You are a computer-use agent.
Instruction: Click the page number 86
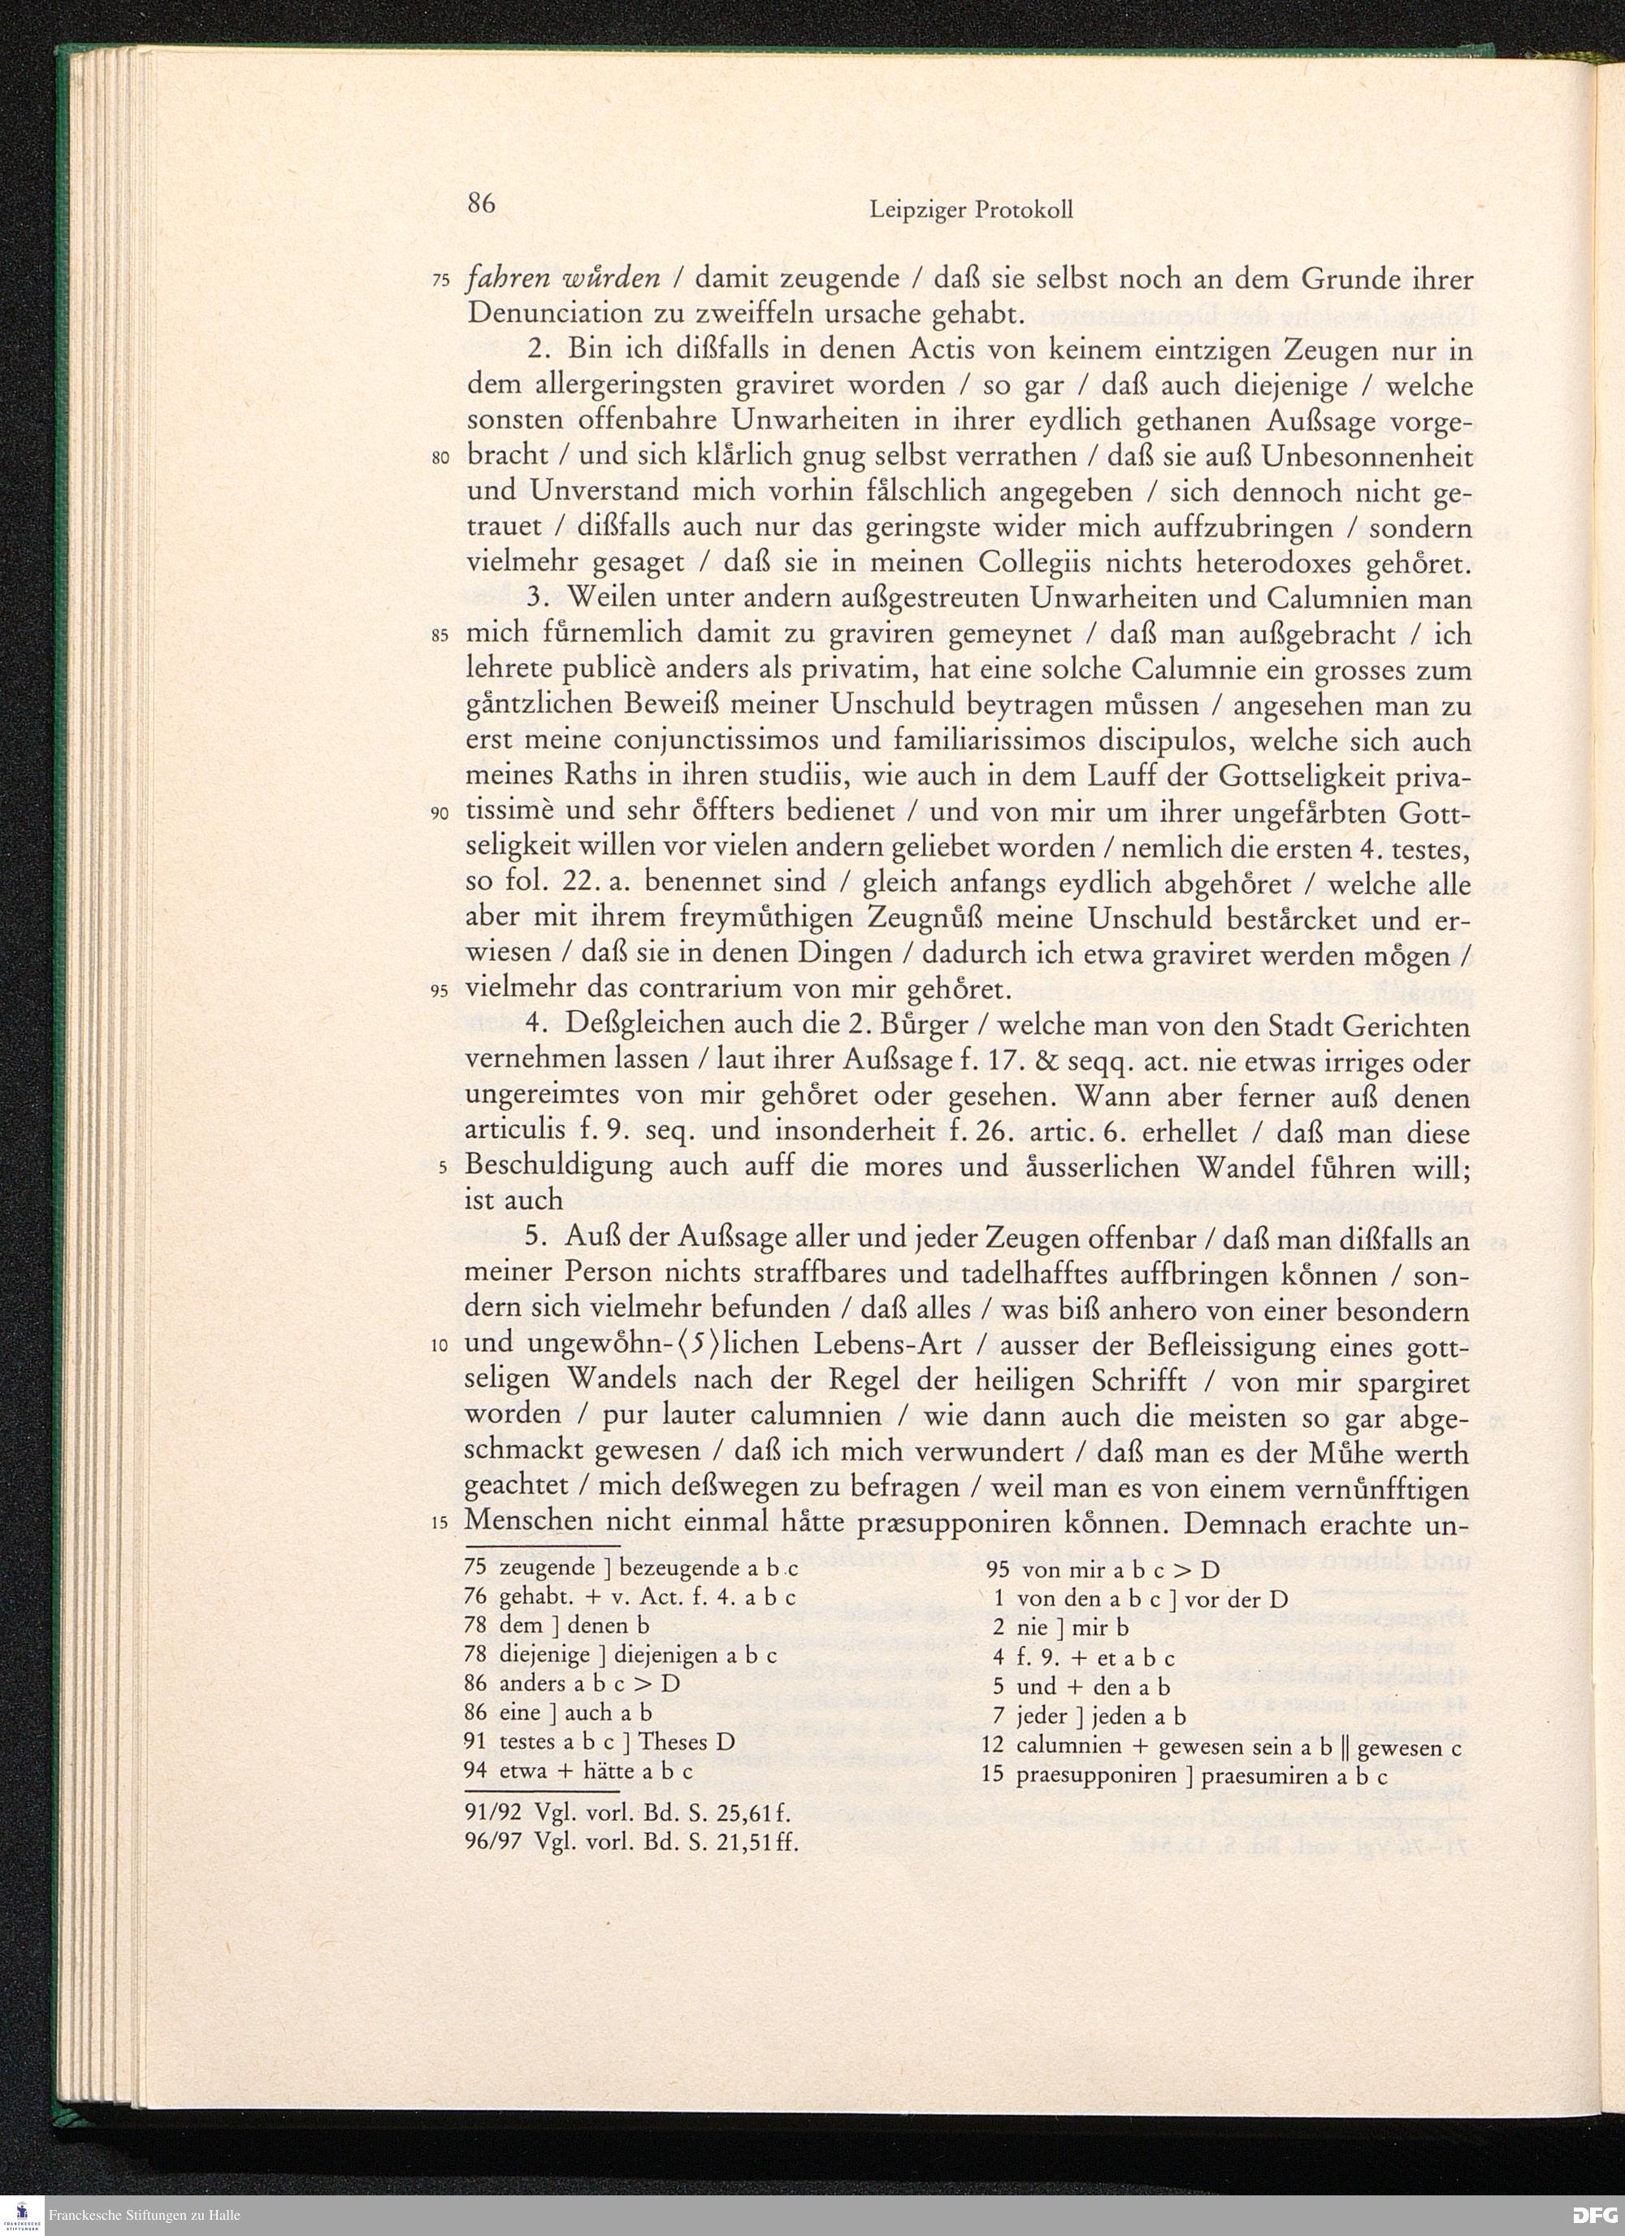[x=480, y=204]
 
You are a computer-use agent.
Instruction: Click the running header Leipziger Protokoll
[x=971, y=210]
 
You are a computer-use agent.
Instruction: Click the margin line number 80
[x=440, y=459]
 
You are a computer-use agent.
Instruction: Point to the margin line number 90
[x=440, y=814]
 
